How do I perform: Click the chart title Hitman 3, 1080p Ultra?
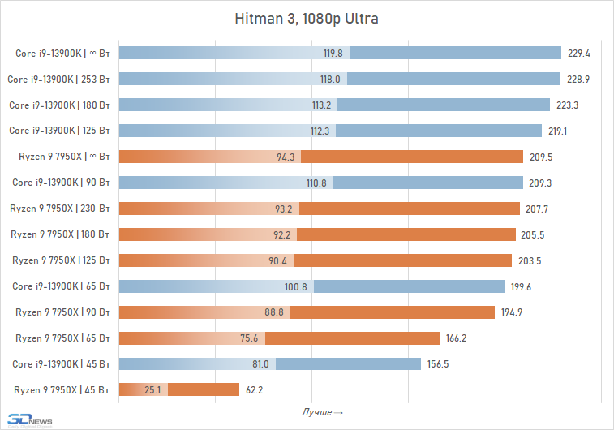307,18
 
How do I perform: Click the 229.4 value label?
578,54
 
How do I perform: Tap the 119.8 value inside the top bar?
333,54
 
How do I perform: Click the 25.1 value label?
154,390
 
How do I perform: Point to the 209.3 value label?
540,183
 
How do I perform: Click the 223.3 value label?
566,105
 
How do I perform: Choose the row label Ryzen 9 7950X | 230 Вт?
60,209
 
